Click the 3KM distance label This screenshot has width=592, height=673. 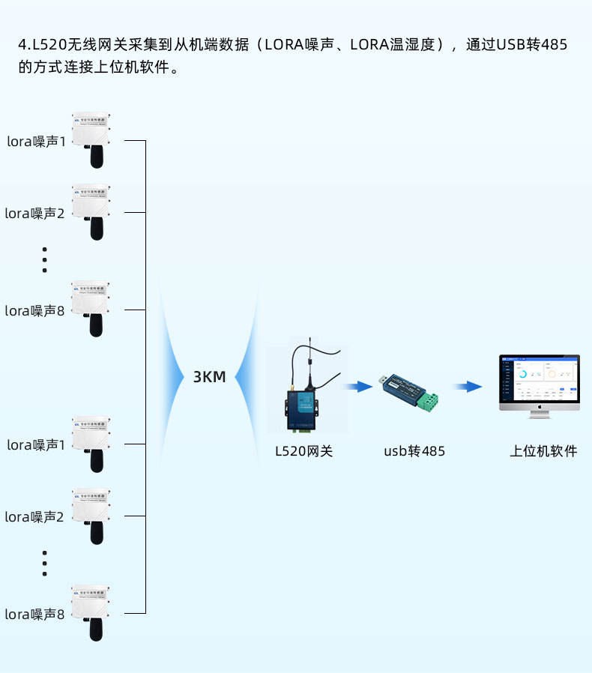(209, 377)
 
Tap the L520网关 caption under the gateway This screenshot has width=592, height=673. (303, 451)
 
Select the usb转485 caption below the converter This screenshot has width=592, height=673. (414, 451)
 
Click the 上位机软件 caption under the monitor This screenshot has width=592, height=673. (543, 451)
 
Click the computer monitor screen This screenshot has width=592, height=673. (539, 382)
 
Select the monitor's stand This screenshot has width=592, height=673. (539, 413)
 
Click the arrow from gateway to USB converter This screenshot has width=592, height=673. (359, 387)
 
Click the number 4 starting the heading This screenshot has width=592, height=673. (22, 45)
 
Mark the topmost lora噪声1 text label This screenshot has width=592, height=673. (37, 141)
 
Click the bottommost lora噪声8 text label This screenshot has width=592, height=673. (35, 615)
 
